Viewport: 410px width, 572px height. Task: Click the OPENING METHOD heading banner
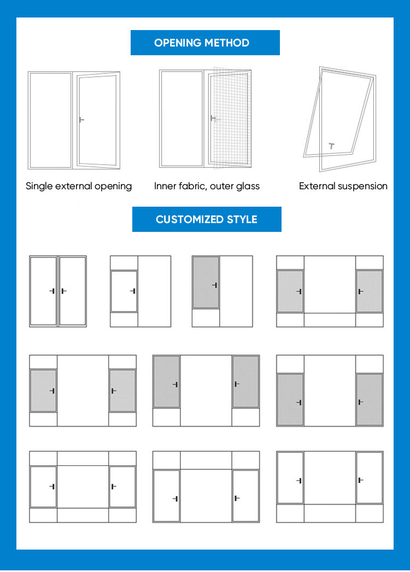pyautogui.click(x=205, y=43)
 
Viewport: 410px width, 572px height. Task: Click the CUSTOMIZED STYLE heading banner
pyautogui.click(x=207, y=219)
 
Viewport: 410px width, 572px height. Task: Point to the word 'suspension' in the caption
pyautogui.click(x=362, y=186)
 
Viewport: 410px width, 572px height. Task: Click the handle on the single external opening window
pyautogui.click(x=81, y=120)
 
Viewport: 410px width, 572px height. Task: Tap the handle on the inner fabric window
pyautogui.click(x=213, y=118)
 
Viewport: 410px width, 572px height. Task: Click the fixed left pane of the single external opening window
pyautogui.click(x=50, y=120)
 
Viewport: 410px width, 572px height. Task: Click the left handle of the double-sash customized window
pyautogui.click(x=52, y=291)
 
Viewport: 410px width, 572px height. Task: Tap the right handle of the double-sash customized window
pyautogui.click(x=63, y=291)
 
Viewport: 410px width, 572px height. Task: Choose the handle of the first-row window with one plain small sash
pyautogui.click(x=132, y=291)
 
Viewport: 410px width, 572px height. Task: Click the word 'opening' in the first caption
pyautogui.click(x=113, y=186)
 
